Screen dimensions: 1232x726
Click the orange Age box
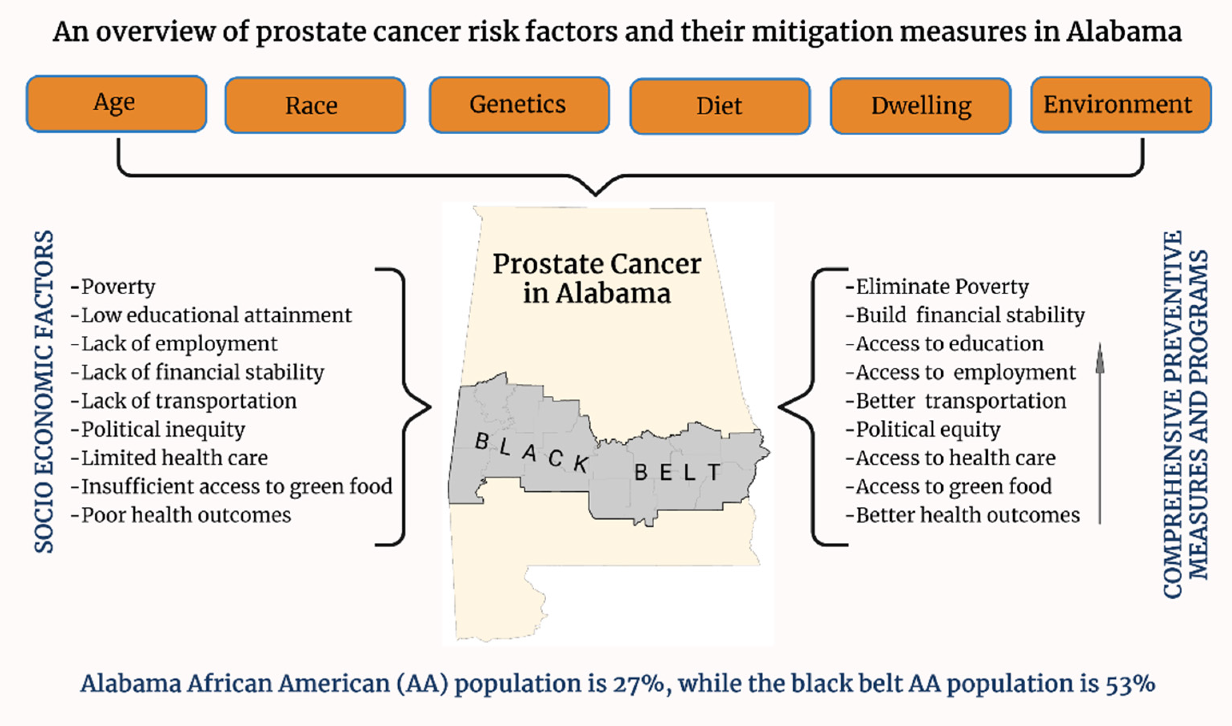(116, 104)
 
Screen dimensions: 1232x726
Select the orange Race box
(315, 105)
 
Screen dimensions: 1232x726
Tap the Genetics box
(519, 105)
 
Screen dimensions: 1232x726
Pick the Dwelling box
(921, 106)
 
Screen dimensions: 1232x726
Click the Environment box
(1121, 105)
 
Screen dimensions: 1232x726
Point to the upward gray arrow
(1100, 433)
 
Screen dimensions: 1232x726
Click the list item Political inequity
(158, 429)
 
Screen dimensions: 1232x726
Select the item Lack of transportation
(184, 401)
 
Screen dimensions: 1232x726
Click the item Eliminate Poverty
(937, 287)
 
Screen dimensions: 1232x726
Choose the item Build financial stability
(965, 315)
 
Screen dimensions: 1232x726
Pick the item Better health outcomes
(962, 515)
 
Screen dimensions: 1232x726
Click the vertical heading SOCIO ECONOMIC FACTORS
(44, 392)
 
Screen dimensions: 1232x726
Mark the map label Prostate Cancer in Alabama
(597, 278)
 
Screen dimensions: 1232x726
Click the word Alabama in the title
(1124, 32)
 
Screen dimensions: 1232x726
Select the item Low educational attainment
(212, 315)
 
